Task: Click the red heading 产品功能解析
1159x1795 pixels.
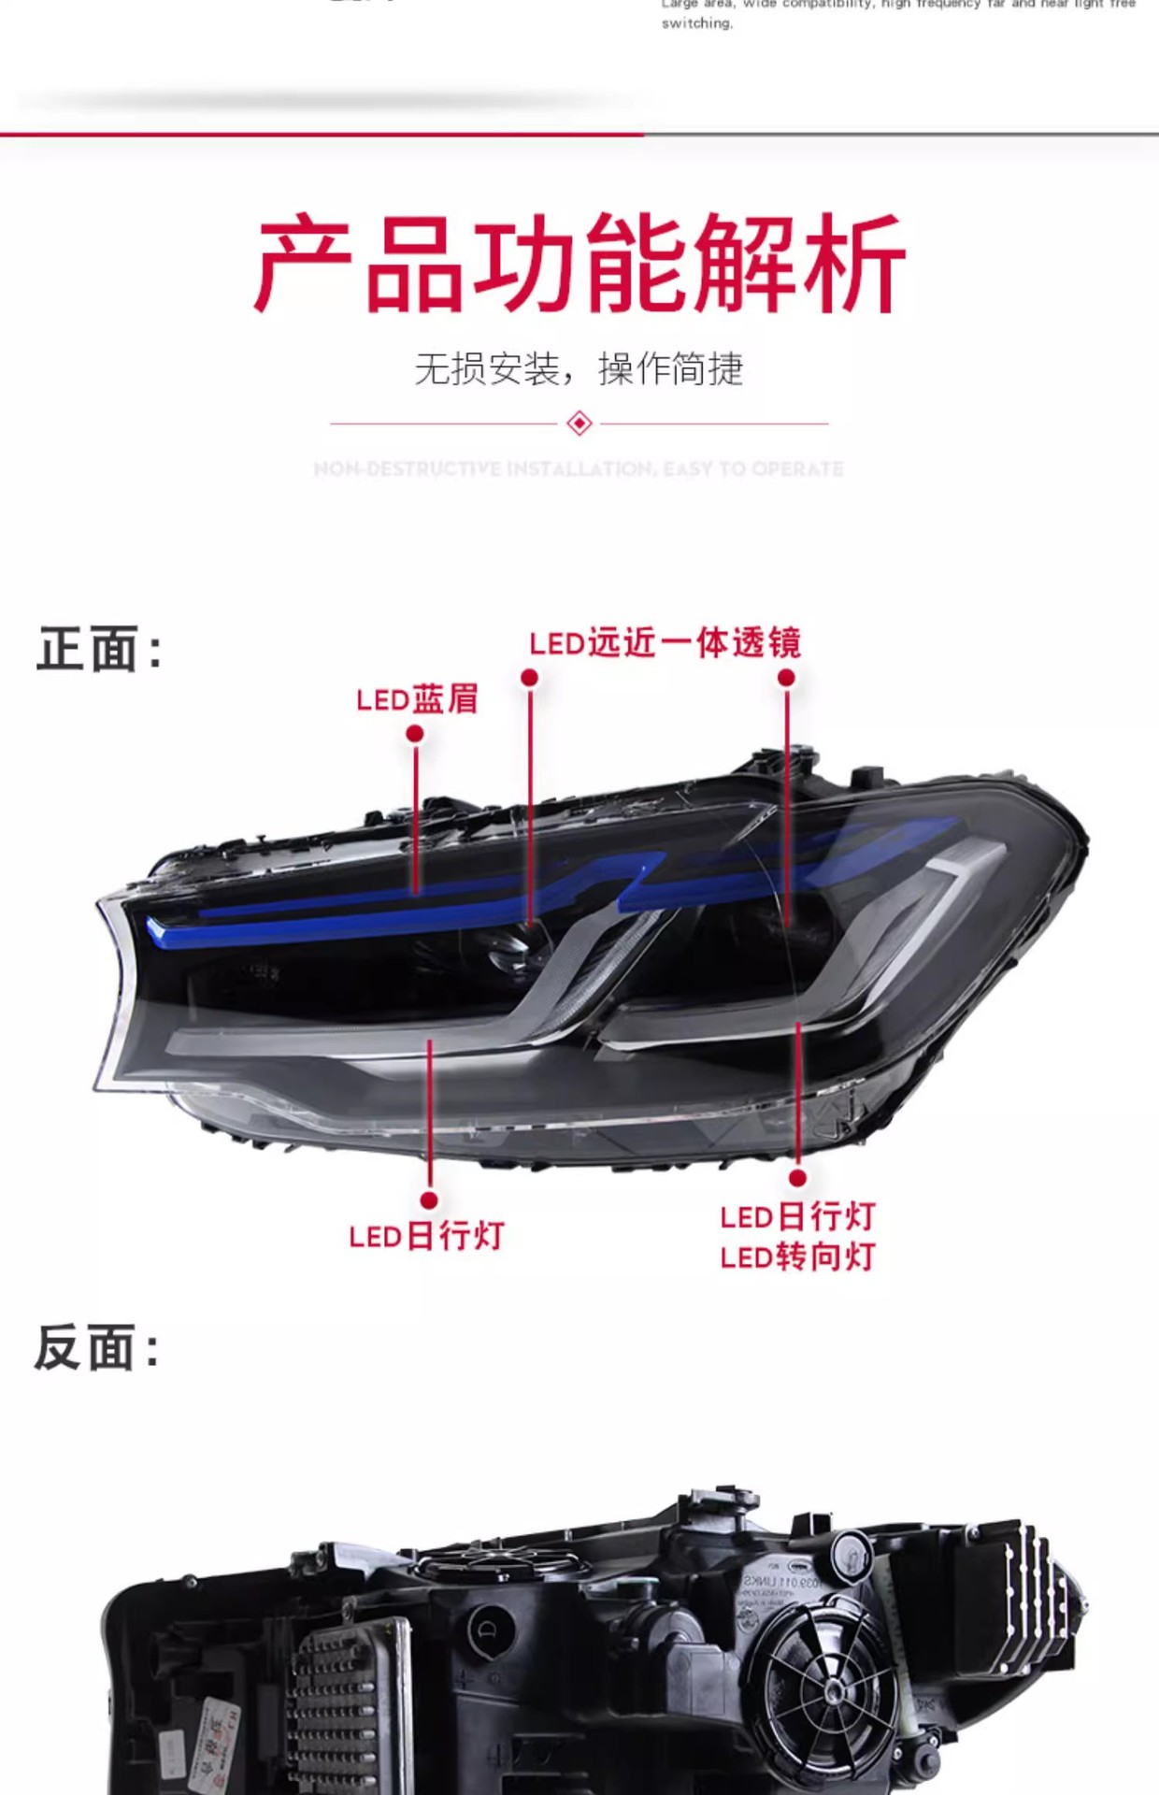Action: coord(579,264)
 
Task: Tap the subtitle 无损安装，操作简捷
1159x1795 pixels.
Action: coord(579,369)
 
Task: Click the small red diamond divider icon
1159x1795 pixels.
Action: coord(579,424)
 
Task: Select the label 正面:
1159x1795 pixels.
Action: coord(99,650)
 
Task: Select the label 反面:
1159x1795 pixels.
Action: coord(97,1348)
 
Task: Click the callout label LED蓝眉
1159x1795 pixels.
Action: coord(417,699)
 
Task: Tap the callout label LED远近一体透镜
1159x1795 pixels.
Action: coord(665,644)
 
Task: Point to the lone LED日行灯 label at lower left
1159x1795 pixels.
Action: coord(426,1237)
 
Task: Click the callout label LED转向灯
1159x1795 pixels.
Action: coord(797,1257)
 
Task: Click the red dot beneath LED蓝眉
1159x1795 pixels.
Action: coord(415,735)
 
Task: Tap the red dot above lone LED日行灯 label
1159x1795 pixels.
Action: coord(429,1200)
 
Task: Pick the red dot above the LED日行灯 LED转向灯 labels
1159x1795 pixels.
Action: coord(797,1178)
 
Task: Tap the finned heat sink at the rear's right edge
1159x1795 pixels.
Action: coord(1037,1589)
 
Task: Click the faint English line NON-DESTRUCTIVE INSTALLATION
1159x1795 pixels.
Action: coord(579,469)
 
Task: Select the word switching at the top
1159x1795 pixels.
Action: coord(697,23)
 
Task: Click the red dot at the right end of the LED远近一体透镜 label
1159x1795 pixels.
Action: coord(786,677)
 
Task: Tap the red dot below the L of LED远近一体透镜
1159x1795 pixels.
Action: coord(530,677)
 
